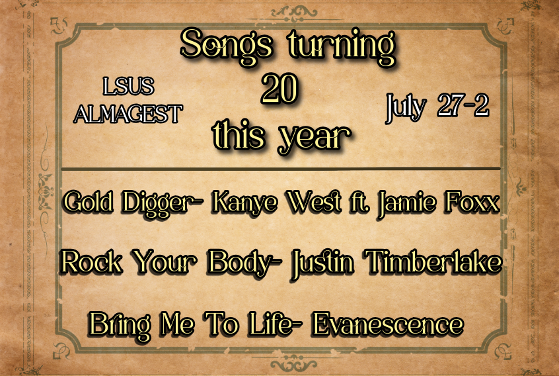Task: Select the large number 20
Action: point(279,88)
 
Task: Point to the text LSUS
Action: point(128,87)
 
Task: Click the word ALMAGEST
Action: point(128,114)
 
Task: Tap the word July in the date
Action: point(406,107)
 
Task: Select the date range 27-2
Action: point(463,105)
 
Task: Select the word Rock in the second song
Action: point(91,261)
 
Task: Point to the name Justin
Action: point(322,264)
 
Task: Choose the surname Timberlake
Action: point(434,261)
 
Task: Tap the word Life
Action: point(272,324)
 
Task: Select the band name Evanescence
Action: point(387,324)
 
